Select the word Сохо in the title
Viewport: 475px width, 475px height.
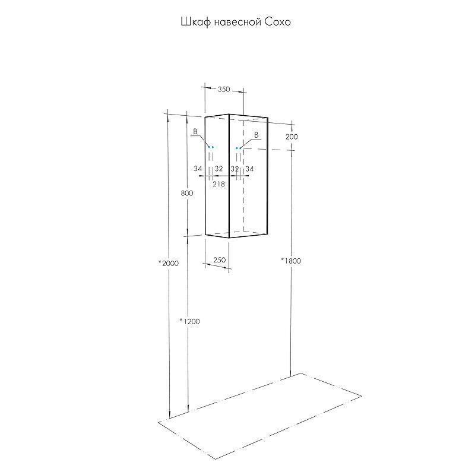[278, 22]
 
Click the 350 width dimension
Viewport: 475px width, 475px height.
[224, 90]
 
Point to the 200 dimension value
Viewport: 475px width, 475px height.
[292, 137]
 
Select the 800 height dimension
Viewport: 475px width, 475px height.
[187, 193]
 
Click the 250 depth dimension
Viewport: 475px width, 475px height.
[220, 260]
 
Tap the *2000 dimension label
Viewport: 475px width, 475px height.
[169, 263]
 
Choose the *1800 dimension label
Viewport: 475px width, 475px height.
[291, 261]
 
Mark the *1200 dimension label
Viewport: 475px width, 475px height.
[189, 321]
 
